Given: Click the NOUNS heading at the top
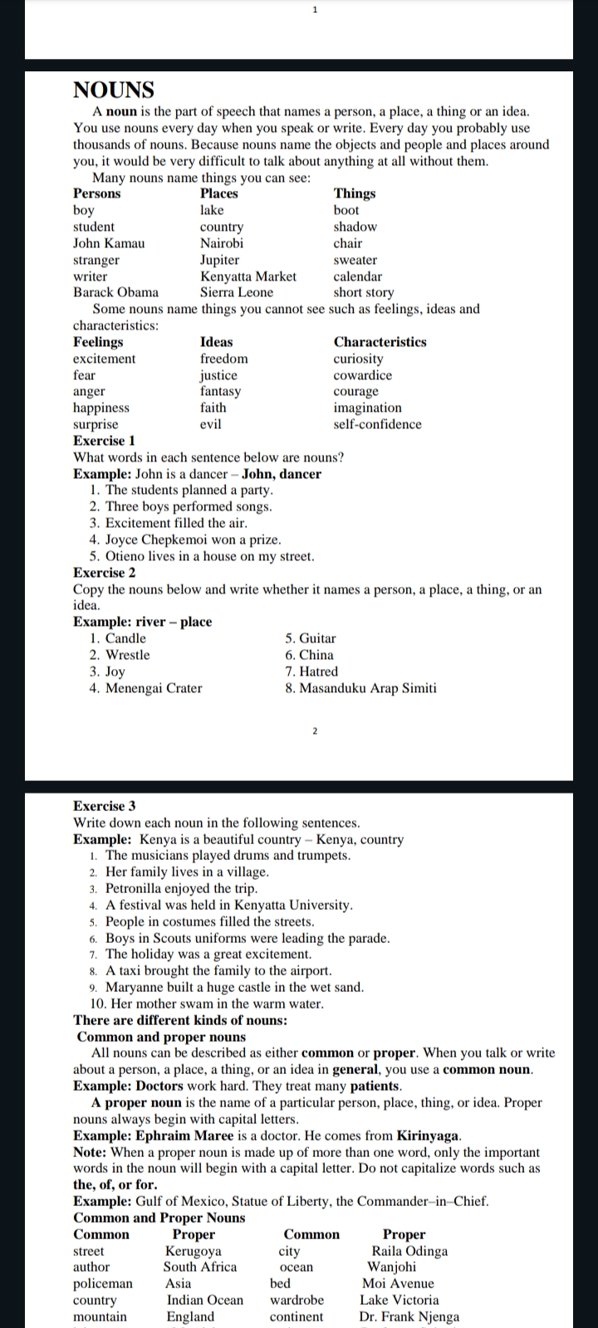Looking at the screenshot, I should point(114,90).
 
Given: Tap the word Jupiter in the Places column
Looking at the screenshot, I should point(219,260).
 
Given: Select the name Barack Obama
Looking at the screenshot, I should point(115,292).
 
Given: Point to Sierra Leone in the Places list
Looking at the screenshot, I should point(237,292).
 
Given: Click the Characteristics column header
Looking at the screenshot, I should point(380,342).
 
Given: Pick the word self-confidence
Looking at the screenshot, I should point(377,424).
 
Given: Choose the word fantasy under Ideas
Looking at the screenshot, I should point(220,391).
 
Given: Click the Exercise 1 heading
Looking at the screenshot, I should point(104,441).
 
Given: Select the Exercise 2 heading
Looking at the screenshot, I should point(105,573).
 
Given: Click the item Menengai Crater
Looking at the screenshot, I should point(154,688).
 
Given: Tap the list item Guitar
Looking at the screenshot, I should point(317,638).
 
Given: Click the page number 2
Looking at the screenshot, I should point(315,731).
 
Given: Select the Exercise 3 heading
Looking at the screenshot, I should point(105,806).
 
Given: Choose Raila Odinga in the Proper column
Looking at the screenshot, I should point(409,1251).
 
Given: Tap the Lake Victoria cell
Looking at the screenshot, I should point(399,1300).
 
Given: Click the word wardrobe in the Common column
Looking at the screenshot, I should point(297,1300).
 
